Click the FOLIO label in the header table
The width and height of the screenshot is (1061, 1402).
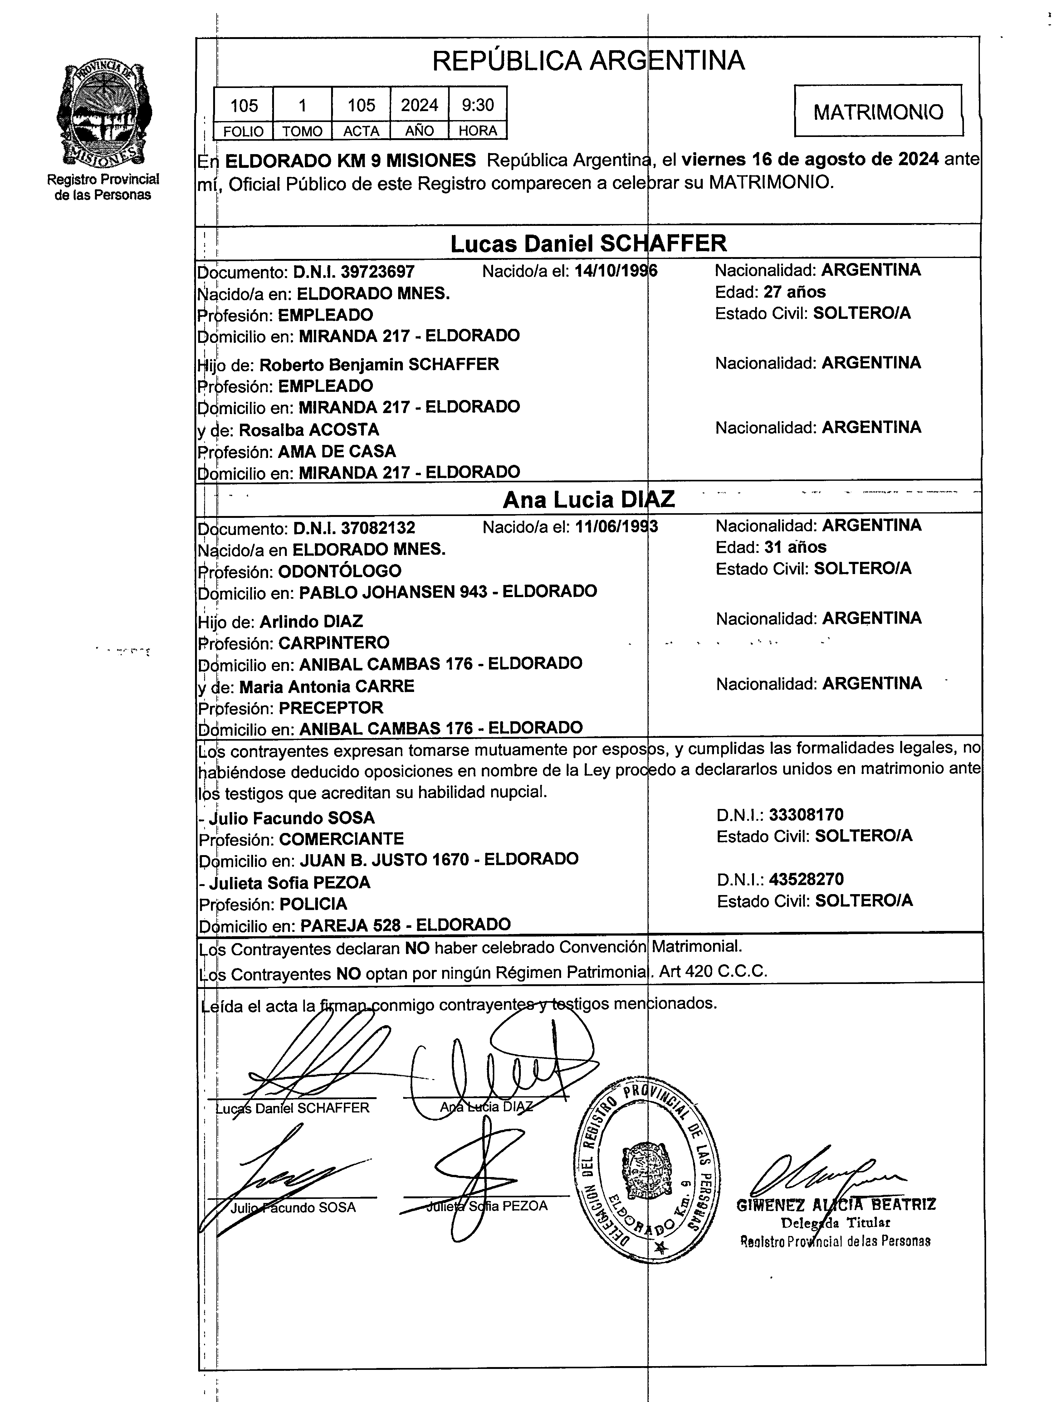[243, 131]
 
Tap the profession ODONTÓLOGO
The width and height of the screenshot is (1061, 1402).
[340, 571]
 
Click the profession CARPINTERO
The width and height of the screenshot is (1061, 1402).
[334, 643]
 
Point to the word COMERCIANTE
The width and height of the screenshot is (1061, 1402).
[341, 839]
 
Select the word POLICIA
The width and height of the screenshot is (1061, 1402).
[313, 904]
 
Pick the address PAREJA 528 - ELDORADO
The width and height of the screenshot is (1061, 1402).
[405, 925]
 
